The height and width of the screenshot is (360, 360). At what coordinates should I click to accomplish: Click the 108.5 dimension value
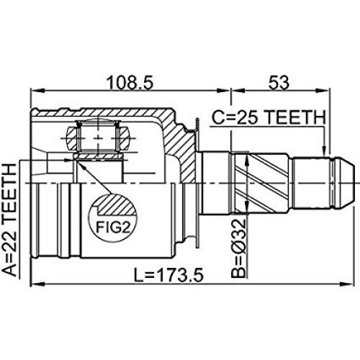pos(130,82)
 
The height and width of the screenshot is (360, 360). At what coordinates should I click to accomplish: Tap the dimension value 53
pos(279,82)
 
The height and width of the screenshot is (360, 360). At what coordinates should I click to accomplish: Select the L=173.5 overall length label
pos(168,275)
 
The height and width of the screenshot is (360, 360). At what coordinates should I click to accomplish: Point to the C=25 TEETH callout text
pos(269,117)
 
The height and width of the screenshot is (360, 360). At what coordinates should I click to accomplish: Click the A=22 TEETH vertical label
pos(9,220)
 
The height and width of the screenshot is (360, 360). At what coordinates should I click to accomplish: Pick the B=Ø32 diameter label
pos(238,248)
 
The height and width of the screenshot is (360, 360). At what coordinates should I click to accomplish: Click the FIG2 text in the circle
pos(113,228)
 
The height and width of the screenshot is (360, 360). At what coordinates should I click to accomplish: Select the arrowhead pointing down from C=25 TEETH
pos(324,151)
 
